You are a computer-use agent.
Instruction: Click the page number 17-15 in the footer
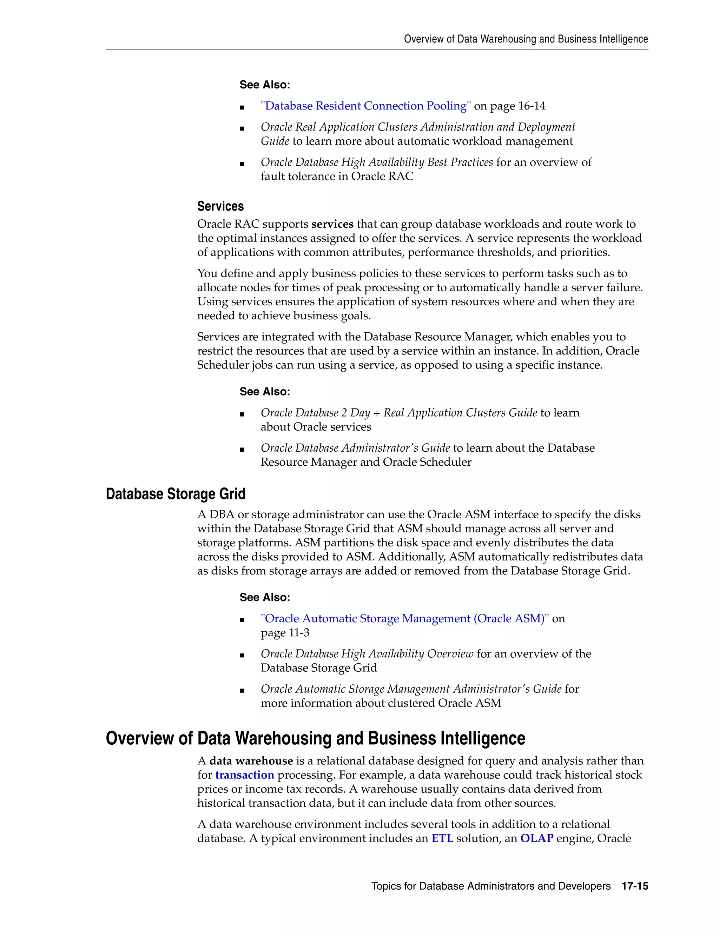coord(635,886)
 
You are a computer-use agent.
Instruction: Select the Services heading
coord(220,206)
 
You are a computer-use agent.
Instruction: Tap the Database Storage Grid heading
coord(176,494)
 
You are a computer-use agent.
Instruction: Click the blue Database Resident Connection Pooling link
coord(366,106)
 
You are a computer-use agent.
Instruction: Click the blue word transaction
coord(244,775)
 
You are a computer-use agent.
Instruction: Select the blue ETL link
coord(442,838)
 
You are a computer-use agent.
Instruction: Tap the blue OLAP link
coord(537,838)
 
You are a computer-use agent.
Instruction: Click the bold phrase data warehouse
coord(251,761)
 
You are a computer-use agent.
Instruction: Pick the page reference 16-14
coord(532,106)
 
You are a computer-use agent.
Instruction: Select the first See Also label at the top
coord(264,85)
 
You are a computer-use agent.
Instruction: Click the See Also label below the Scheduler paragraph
coord(264,392)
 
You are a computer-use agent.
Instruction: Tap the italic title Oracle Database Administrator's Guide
coord(355,448)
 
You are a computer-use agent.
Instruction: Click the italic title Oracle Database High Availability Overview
coord(367,654)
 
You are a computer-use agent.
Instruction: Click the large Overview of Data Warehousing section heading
coord(315,738)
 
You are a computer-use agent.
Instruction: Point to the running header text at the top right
coord(526,39)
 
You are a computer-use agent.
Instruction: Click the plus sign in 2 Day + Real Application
coord(377,413)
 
